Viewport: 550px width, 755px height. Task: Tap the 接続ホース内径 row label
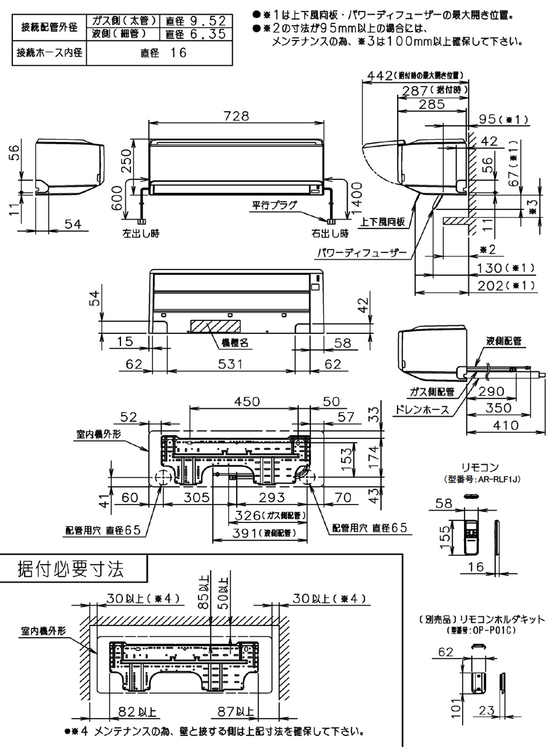click(x=49, y=53)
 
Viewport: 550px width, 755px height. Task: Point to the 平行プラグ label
click(x=273, y=205)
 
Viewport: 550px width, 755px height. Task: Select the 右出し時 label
click(x=329, y=234)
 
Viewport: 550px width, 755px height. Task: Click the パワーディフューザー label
click(x=356, y=252)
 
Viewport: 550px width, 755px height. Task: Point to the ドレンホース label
click(x=424, y=411)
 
